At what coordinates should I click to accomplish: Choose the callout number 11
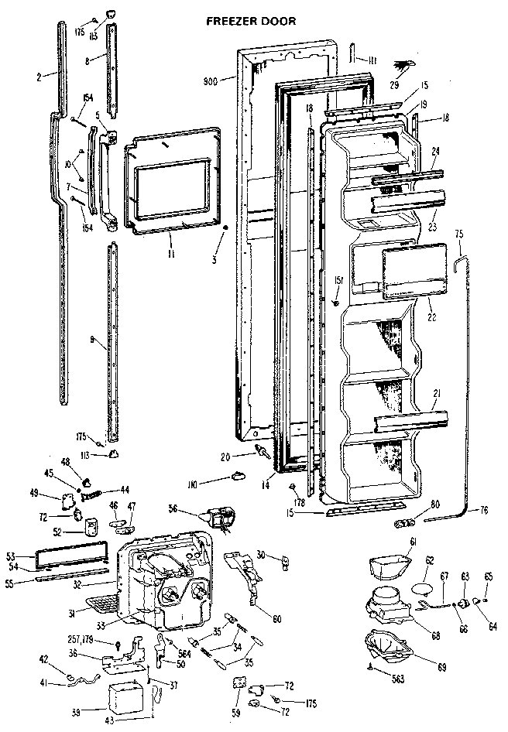point(170,253)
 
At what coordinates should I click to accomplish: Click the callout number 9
point(91,339)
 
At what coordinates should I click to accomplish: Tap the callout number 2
point(38,75)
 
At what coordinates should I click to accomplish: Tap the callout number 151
point(338,280)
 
